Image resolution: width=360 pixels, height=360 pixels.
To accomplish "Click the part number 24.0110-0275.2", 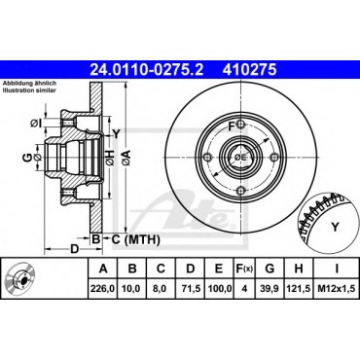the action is pos(146,69).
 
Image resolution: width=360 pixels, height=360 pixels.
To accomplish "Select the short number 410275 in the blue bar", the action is pos(249,69).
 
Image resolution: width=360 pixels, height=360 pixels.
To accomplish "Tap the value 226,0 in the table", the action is pos(103,288).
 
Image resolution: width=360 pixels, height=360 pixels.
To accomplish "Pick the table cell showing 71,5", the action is pos(191,288).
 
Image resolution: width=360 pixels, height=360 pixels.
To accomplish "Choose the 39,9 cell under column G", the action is pos(270,288).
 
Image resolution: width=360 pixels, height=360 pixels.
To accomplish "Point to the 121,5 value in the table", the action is pos(299,288).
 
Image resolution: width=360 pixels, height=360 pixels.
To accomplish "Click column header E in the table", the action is pos(219,269).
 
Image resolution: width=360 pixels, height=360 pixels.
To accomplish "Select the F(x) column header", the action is pos(244,269).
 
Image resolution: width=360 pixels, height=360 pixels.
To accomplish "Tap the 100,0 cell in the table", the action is pos(219,288).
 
